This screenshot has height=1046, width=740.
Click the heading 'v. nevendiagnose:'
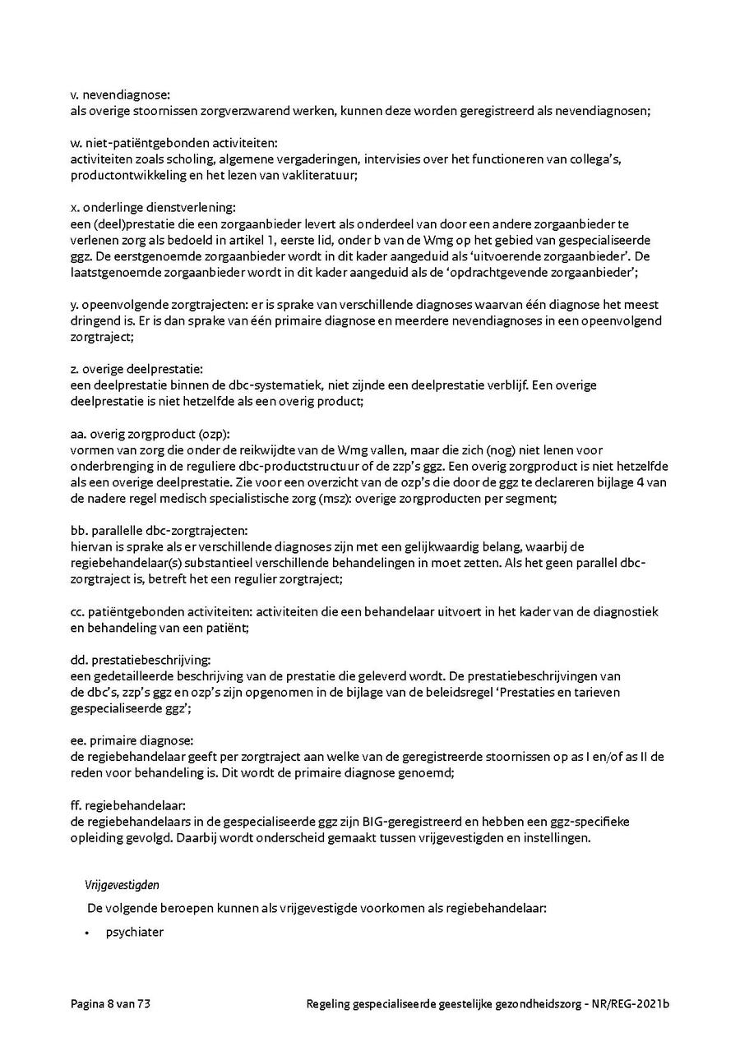pos(120,95)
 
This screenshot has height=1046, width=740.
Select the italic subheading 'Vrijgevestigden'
pos(122,885)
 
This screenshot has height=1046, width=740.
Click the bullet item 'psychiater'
pos(135,933)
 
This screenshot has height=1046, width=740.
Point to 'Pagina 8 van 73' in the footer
pos(110,1004)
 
